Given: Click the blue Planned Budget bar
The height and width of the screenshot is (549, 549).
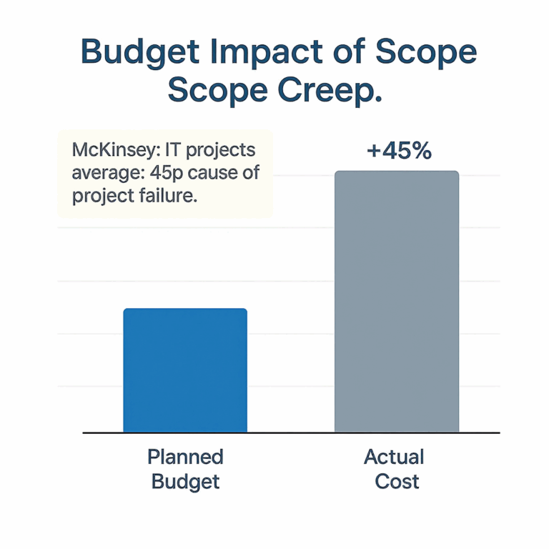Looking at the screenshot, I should click(185, 370).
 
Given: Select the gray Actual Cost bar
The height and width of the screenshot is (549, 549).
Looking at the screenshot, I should click(397, 302).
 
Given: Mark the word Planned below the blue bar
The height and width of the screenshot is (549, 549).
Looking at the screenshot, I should click(185, 457).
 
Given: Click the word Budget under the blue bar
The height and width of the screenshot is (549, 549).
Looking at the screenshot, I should click(185, 481).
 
